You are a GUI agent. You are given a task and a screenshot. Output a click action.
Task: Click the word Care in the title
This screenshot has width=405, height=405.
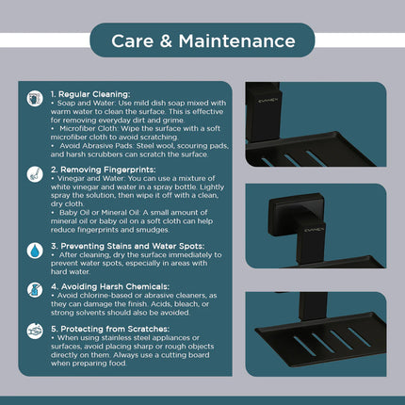pyautogui.click(x=132, y=40)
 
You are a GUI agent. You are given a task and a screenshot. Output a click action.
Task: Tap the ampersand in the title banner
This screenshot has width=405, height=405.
pyautogui.click(x=166, y=41)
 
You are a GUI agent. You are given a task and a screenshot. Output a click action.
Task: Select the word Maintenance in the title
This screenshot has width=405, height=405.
pyautogui.click(x=237, y=40)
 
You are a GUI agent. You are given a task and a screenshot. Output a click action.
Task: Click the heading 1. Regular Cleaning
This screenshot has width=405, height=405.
pyautogui.click(x=90, y=94)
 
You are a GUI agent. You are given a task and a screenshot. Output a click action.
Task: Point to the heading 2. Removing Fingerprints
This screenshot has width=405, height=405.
pyautogui.click(x=104, y=170)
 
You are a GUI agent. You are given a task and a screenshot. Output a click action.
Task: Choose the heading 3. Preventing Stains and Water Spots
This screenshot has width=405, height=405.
pyautogui.click(x=128, y=246)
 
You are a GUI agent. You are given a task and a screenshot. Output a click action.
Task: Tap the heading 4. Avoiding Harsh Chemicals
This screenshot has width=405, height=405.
pyautogui.click(x=110, y=286)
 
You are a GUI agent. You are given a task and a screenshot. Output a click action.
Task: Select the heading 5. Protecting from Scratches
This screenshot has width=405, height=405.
pyautogui.click(x=110, y=329)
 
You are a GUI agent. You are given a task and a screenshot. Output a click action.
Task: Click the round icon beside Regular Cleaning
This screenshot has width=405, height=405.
pyautogui.click(x=35, y=99)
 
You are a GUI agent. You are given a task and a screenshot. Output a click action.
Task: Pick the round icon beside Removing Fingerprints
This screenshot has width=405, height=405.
pyautogui.click(x=35, y=174)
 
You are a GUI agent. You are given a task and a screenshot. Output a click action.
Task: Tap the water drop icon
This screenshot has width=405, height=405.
pyautogui.click(x=35, y=251)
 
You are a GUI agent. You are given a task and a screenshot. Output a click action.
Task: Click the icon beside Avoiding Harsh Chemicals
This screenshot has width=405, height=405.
pyautogui.click(x=35, y=289)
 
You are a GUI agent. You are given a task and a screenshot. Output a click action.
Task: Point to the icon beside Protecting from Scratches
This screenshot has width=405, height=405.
pyautogui.click(x=35, y=331)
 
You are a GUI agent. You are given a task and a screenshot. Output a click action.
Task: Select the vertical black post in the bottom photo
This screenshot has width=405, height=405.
pyautogui.click(x=313, y=306)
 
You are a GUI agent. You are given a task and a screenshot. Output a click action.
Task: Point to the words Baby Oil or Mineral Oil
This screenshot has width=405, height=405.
pyautogui.click(x=100, y=213)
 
